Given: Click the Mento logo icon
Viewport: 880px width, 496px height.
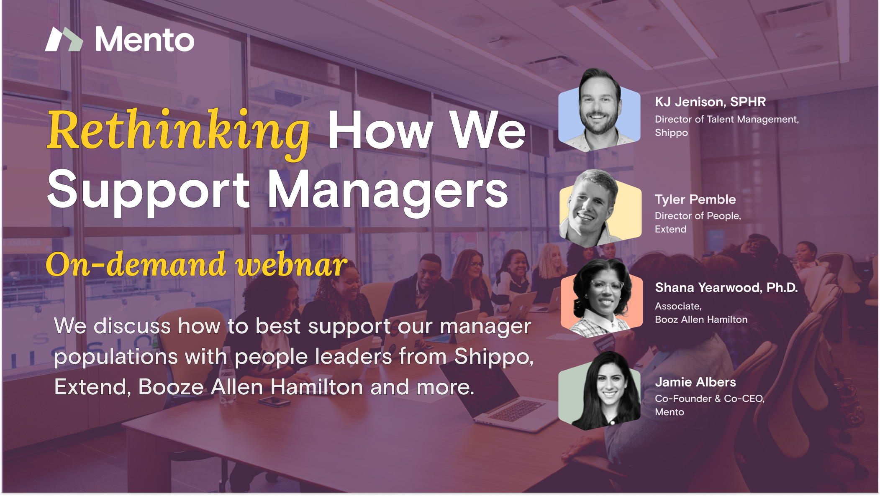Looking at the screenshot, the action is (64, 39).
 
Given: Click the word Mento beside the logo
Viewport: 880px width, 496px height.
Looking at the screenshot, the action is (145, 40).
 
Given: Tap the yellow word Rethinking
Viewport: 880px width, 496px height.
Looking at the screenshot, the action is (179, 133).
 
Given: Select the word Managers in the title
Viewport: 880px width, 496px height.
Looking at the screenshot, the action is (388, 191).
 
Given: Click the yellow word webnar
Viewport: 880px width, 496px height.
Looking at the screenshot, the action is (292, 265).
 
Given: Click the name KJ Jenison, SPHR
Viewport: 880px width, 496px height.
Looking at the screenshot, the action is (711, 102).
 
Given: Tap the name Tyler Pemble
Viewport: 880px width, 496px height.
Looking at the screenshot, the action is (695, 199).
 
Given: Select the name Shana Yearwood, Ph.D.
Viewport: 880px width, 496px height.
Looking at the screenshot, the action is (726, 288).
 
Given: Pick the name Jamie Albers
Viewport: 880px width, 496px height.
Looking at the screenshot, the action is (695, 382).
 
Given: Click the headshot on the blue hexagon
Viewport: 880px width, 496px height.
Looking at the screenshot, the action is (600, 110).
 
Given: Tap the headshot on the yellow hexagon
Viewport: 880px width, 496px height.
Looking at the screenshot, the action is (600, 208).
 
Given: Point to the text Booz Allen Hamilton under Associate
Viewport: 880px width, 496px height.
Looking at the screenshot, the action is (701, 320).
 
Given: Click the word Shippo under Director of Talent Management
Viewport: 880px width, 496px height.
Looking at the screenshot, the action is (671, 133).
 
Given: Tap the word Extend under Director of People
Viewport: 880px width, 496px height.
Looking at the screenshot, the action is (671, 230).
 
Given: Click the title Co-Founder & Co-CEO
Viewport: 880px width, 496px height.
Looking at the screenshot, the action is (710, 399).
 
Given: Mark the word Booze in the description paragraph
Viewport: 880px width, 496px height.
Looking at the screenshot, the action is (171, 387).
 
